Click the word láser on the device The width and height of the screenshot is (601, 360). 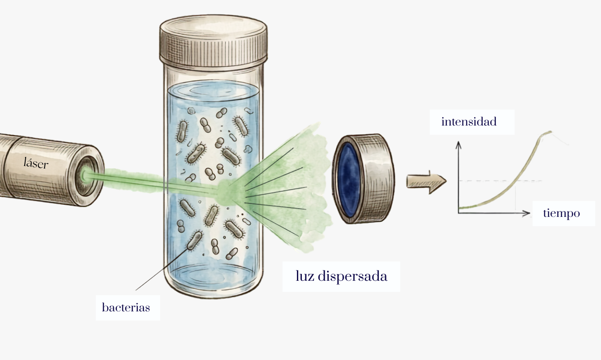click(36, 163)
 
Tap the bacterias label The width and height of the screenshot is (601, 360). click(126, 308)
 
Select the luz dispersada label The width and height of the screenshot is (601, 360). click(341, 276)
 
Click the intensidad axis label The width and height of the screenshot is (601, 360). click(469, 121)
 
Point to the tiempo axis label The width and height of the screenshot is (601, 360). click(561, 213)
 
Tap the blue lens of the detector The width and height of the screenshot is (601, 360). click(348, 180)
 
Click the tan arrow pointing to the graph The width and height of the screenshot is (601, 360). click(426, 182)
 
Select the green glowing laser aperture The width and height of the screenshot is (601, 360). click(86, 175)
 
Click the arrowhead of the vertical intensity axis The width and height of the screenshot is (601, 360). click(458, 145)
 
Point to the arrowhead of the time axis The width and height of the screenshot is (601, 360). click(526, 213)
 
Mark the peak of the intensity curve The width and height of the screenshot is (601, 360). click(551, 131)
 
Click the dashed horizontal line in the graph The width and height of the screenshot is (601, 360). click(500, 180)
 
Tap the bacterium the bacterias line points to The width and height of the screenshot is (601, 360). click(194, 240)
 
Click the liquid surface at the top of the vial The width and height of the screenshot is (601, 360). click(213, 91)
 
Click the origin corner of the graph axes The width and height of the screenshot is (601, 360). click(458, 213)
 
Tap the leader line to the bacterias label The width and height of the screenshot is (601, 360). click(161, 270)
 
